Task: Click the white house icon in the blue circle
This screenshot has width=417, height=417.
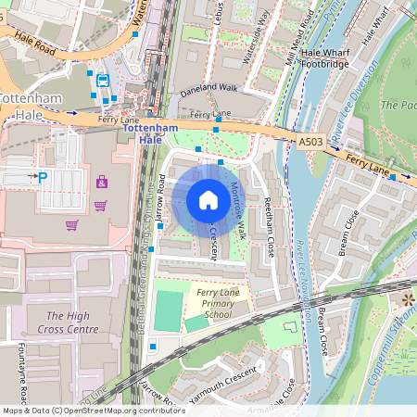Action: (208, 200)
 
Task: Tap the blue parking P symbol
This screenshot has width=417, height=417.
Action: (42, 176)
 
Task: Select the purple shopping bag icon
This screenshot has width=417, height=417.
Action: (101, 182)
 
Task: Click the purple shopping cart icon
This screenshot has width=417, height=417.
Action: (72, 223)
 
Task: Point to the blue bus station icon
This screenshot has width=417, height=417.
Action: (103, 81)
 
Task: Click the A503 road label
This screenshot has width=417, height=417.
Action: (312, 142)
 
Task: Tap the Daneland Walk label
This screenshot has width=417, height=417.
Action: (208, 87)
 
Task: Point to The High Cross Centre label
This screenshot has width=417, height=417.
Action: (72, 322)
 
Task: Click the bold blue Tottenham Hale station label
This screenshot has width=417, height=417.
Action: (149, 132)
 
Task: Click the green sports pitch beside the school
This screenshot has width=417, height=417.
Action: (168, 311)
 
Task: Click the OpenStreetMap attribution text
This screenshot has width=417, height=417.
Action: (93, 411)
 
